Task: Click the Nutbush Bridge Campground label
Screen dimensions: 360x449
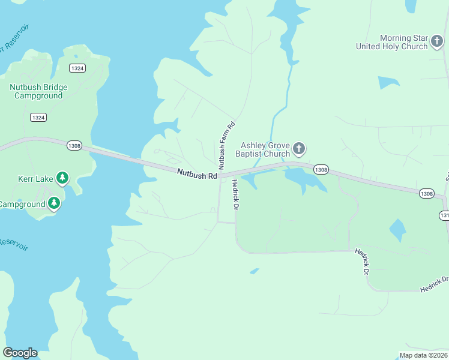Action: [38, 91]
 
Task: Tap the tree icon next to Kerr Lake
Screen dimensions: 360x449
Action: [62, 178]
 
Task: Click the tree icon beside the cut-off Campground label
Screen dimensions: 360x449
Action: [54, 203]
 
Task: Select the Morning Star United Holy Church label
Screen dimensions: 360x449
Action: [391, 42]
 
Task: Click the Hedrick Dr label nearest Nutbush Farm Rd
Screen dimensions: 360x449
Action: [236, 195]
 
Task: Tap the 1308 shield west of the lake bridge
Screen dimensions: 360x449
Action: [74, 146]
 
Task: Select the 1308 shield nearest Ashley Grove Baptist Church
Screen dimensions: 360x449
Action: [321, 170]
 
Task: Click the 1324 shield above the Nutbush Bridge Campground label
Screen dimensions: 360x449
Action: [77, 68]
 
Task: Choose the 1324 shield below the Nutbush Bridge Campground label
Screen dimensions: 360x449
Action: [38, 118]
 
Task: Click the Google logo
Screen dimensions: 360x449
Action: [20, 353]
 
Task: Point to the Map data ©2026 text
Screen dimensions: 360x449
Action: [423, 355]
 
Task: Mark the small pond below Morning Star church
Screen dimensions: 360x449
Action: [388, 82]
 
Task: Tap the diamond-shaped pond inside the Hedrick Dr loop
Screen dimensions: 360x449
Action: [397, 229]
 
